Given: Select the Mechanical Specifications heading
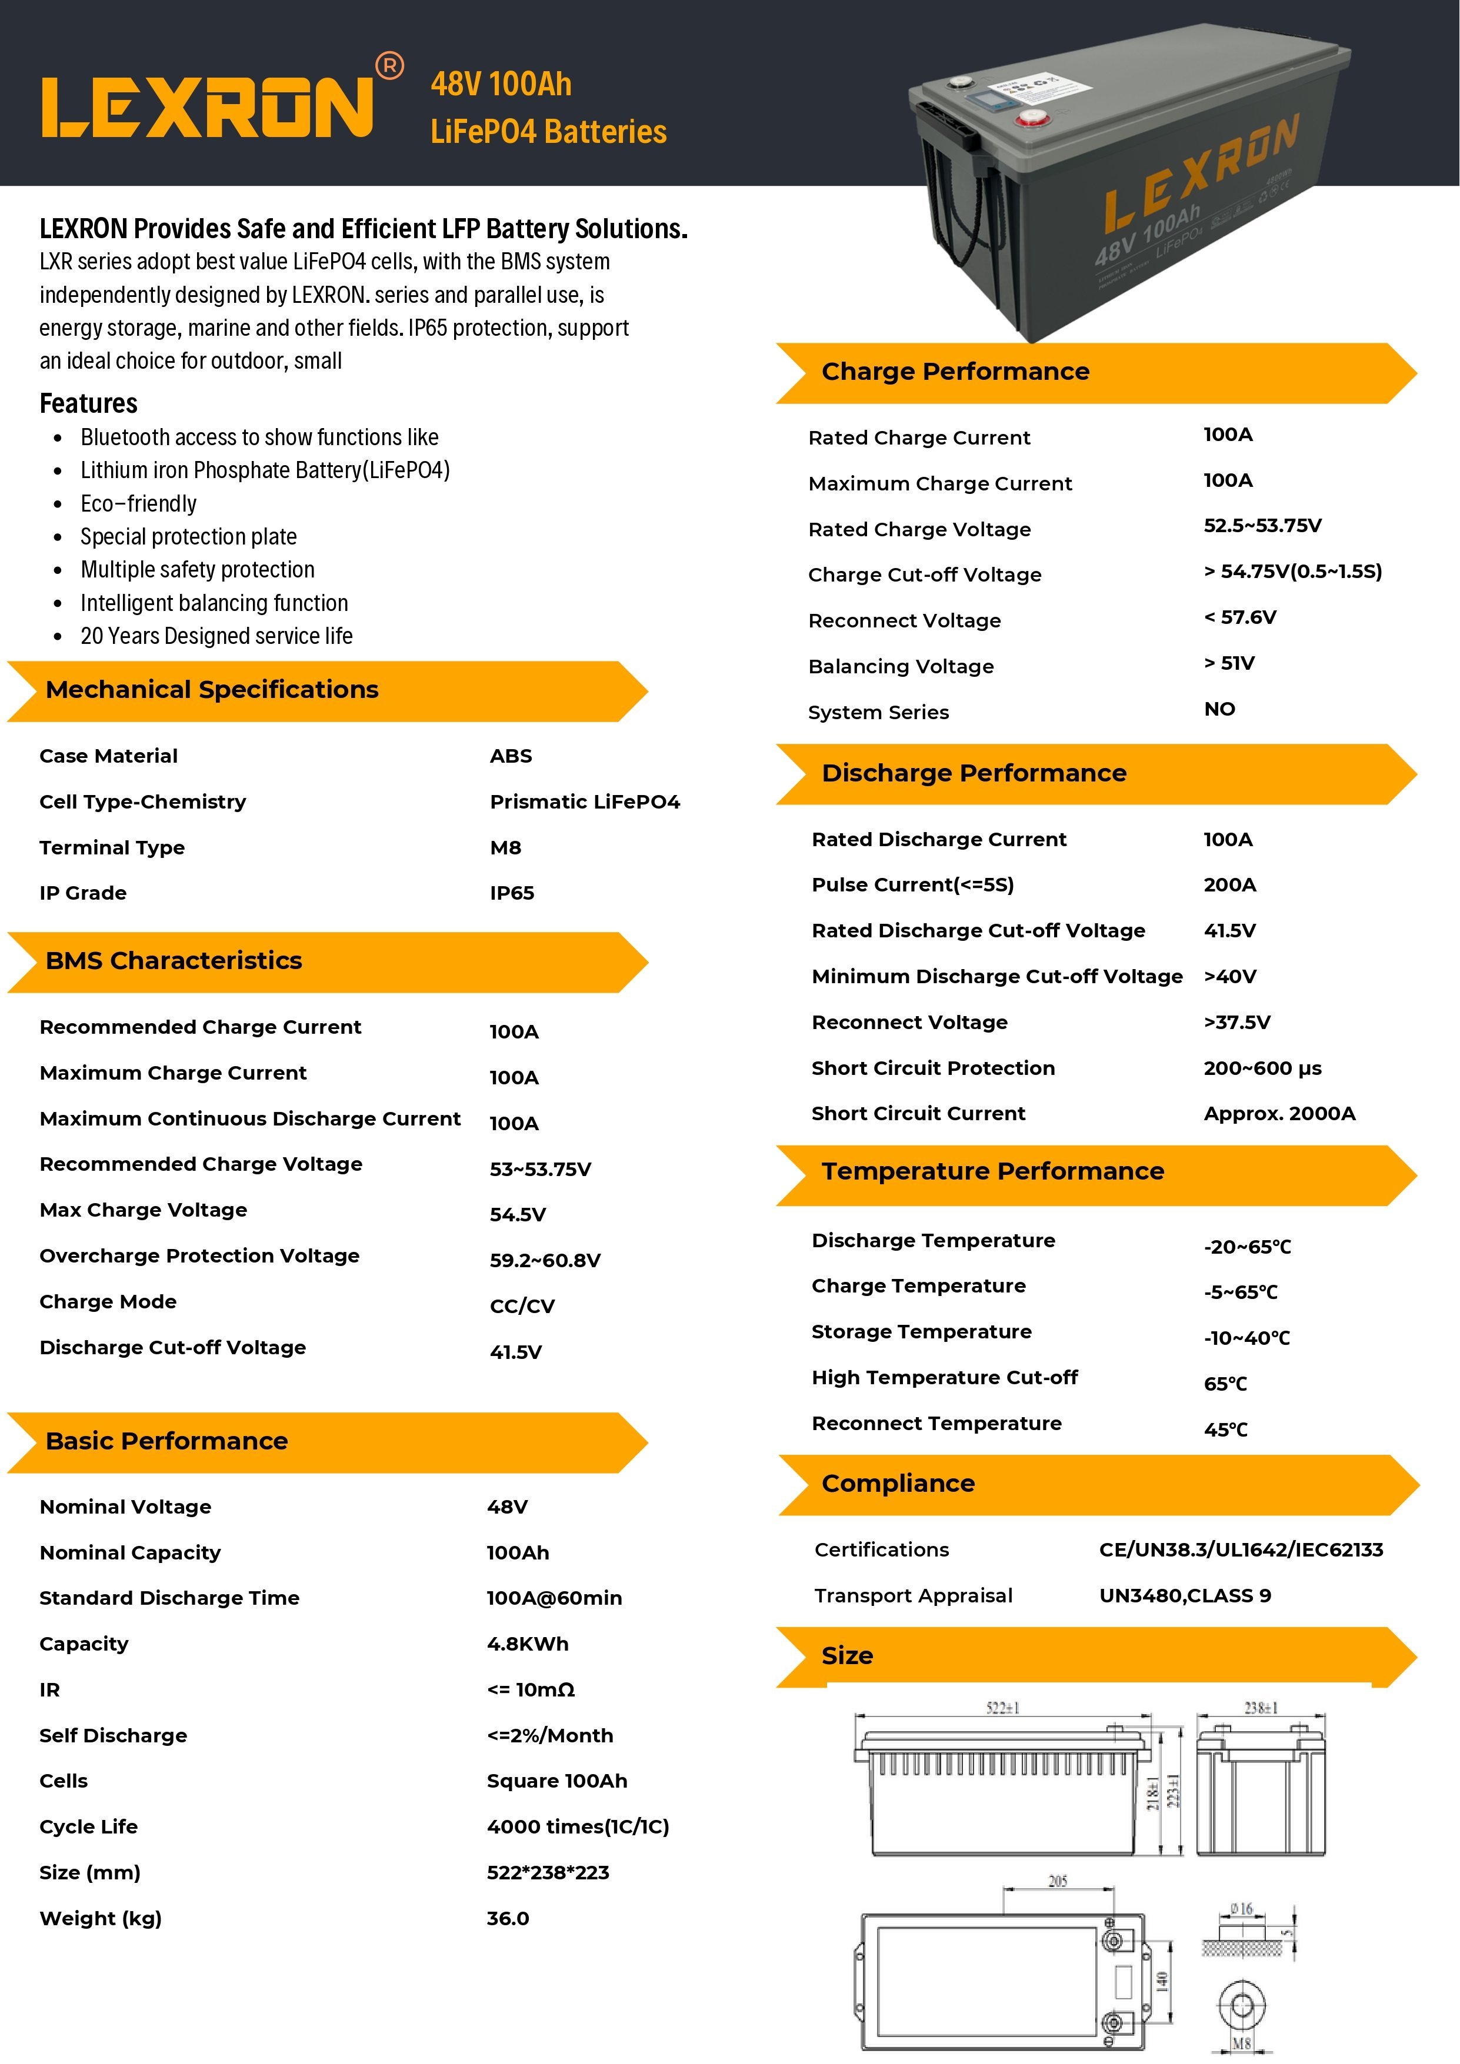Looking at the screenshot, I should click(x=212, y=690).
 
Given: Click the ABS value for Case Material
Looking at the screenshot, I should click(x=511, y=756).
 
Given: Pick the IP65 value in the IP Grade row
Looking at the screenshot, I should click(x=512, y=893).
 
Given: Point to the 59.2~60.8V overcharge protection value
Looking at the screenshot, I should click(x=545, y=1260).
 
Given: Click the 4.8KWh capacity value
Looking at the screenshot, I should click(x=527, y=1644).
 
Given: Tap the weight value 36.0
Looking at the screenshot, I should click(x=508, y=1918).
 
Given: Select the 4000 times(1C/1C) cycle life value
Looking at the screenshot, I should click(x=577, y=1826).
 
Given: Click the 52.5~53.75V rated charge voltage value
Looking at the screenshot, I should click(x=1262, y=526).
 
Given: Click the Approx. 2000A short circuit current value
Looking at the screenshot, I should click(x=1278, y=1114).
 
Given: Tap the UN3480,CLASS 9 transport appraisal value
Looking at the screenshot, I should click(x=1184, y=1596).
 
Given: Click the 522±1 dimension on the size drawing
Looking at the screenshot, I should click(x=1002, y=1708).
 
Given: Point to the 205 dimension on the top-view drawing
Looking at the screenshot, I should click(x=1057, y=1881).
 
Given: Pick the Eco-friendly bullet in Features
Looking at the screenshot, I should click(x=138, y=503).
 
